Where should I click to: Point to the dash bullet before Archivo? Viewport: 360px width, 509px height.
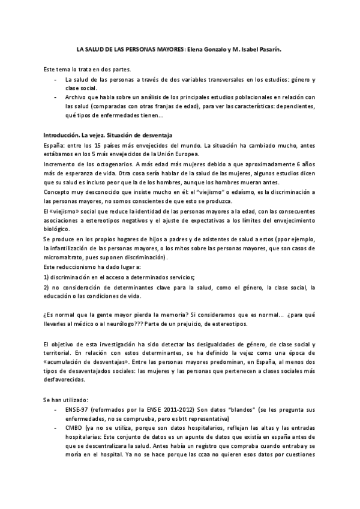56,97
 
